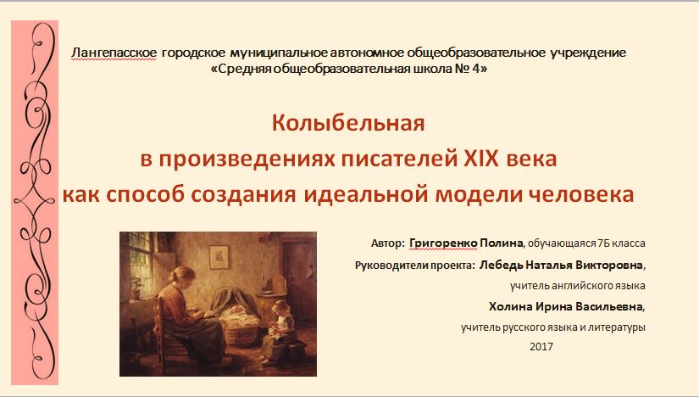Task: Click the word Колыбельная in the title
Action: click(x=348, y=123)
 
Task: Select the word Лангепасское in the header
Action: click(x=114, y=53)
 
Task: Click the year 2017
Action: click(x=541, y=347)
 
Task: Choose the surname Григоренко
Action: click(x=443, y=243)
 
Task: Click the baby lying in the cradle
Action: click(x=236, y=310)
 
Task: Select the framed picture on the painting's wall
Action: click(x=219, y=257)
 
